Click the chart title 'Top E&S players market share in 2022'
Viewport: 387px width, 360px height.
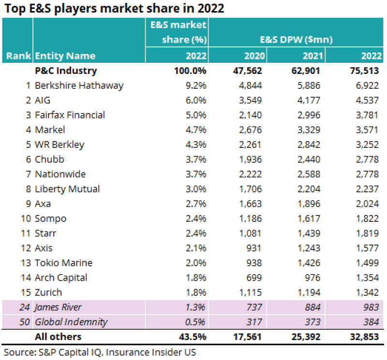pos(114,9)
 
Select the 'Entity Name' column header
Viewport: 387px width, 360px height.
pos(65,56)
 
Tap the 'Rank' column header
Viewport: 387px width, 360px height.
pos(18,56)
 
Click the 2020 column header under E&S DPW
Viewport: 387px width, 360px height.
pos(253,56)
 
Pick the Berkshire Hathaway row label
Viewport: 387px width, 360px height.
pos(79,86)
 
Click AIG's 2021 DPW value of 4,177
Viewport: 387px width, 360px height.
pos(309,101)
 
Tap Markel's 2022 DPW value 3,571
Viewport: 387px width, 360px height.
pos(366,130)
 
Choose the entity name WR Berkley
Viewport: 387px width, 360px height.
pos(60,144)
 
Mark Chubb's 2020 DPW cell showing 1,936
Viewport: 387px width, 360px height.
pos(251,159)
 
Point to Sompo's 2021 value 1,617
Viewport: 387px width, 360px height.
pos(309,218)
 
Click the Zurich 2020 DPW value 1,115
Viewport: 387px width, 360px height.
pos(251,292)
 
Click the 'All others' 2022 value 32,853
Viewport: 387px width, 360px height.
pos(363,337)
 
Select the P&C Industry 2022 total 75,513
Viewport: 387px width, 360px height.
pos(363,71)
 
